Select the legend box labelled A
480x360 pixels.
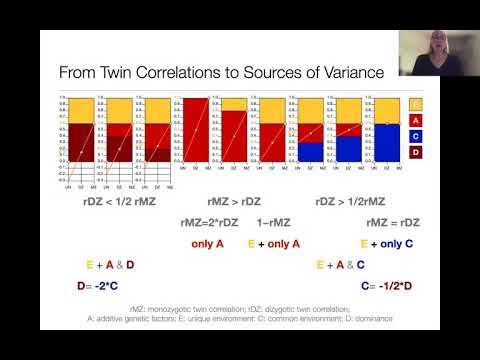click(416, 119)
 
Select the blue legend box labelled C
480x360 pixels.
click(416, 136)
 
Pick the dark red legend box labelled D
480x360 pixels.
click(416, 153)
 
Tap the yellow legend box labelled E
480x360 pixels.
click(416, 103)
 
